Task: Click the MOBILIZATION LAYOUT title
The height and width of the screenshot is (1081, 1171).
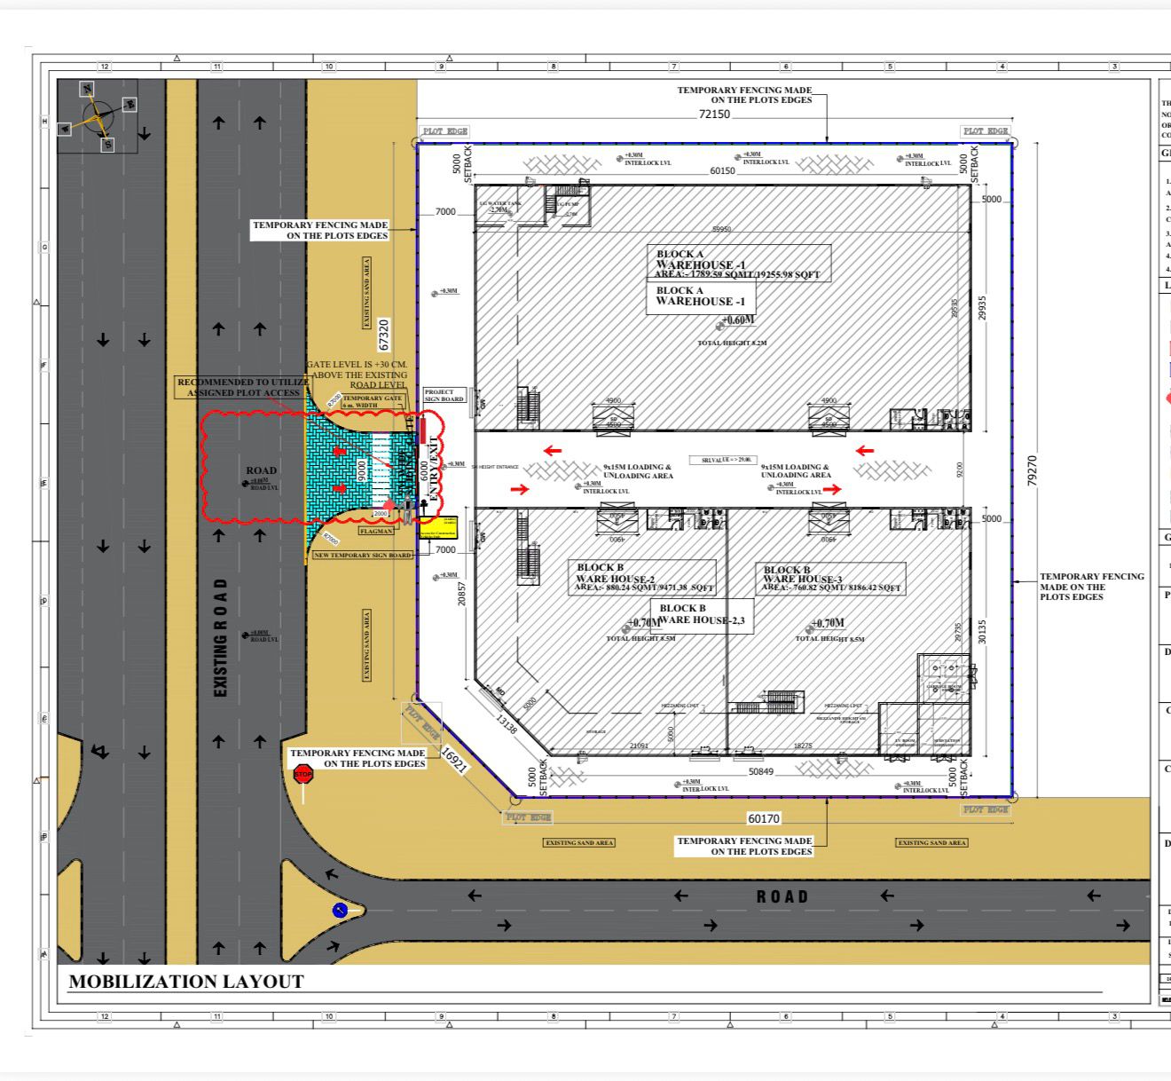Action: (x=186, y=982)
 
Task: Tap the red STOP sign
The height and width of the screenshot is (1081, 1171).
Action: (x=303, y=775)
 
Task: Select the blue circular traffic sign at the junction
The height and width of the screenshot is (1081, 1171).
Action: (x=340, y=911)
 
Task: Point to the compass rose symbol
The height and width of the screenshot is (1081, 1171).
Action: (x=98, y=115)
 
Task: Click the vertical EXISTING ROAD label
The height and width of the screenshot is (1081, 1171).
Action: (x=221, y=637)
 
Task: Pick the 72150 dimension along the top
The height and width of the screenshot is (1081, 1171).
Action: (x=714, y=114)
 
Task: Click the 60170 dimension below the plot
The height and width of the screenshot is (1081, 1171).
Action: (x=764, y=818)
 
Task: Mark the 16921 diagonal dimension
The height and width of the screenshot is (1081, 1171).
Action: (x=453, y=760)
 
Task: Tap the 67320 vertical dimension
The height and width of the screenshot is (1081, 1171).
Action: (x=384, y=335)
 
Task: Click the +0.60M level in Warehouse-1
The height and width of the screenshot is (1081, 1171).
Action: (x=737, y=320)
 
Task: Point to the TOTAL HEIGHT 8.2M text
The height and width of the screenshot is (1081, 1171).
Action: (x=732, y=343)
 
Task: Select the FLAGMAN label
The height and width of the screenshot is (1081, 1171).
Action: (x=376, y=531)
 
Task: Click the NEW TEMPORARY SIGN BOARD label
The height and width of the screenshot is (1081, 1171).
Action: (x=363, y=556)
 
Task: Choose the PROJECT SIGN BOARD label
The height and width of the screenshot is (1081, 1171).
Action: (x=444, y=395)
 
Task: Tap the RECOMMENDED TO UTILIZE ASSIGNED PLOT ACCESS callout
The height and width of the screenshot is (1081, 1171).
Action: (x=243, y=387)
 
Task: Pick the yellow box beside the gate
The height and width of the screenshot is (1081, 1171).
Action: (x=437, y=527)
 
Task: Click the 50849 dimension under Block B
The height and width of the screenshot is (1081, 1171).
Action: (x=760, y=772)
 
